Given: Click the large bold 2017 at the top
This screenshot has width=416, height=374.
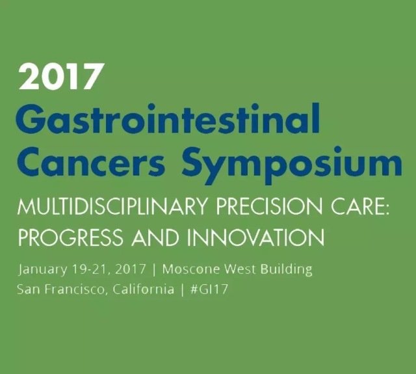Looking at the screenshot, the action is pos(60,77).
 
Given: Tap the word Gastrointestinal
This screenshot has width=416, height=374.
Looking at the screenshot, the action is pos(168,119).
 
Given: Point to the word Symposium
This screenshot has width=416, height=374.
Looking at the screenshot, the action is pos(291,165).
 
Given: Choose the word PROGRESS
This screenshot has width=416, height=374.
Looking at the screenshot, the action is pos(70,237).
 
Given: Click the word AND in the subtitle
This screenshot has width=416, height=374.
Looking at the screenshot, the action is pos(155,237).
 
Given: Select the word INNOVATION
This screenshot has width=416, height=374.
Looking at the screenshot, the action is pos(255,237).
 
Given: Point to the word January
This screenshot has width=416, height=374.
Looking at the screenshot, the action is pos(42,270).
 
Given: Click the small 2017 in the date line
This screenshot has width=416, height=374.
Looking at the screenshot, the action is pos(131,269).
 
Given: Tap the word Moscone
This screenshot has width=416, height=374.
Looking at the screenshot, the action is pos(191,269).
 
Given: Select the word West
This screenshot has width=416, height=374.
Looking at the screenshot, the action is pos(240,269).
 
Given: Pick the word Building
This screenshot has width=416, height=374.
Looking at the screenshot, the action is pos(287,270).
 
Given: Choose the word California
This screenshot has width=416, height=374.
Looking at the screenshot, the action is pos(144,289).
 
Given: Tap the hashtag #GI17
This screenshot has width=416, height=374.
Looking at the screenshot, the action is pos(209,289).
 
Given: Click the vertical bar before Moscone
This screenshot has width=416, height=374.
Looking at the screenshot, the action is pos(154,269).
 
